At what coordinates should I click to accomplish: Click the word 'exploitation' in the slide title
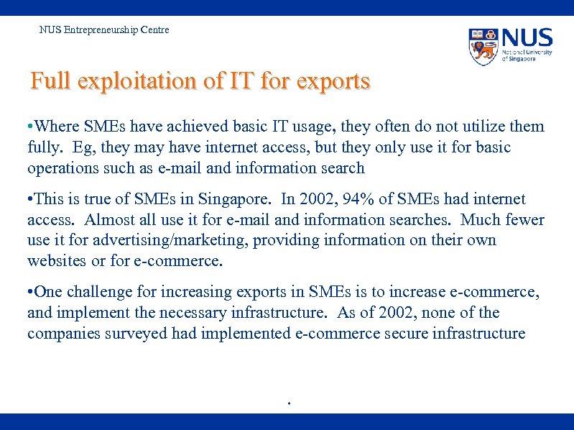pyautogui.click(x=136, y=81)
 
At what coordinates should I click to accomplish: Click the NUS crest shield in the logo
pyautogui.click(x=483, y=46)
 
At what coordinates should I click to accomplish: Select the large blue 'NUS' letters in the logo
pyautogui.click(x=527, y=38)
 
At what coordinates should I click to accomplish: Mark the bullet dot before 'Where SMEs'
pyautogui.click(x=29, y=127)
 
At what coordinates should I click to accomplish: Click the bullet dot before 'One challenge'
pyautogui.click(x=29, y=293)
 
